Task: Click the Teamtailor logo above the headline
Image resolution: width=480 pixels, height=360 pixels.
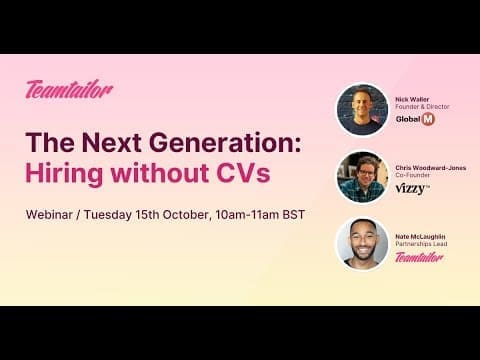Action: [69, 89]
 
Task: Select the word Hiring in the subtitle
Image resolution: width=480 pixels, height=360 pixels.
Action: [64, 174]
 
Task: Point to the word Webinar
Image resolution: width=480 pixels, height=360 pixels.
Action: [49, 214]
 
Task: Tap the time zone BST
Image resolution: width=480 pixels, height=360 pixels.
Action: [294, 214]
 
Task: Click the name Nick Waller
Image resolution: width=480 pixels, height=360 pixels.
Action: [412, 99]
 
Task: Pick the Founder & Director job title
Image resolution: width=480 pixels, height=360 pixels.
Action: [422, 107]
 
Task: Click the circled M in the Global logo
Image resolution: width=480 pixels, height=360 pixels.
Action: [428, 119]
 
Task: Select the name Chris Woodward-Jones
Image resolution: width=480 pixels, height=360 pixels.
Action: [431, 168]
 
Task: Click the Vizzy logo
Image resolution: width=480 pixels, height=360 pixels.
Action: [412, 189]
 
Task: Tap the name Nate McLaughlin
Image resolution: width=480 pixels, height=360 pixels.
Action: [420, 236]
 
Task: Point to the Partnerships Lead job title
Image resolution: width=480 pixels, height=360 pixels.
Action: [421, 244]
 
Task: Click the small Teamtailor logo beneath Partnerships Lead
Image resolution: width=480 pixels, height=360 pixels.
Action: [419, 257]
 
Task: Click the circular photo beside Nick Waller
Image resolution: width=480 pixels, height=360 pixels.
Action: [363, 110]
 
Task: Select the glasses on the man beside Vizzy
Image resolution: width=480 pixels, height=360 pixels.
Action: [367, 173]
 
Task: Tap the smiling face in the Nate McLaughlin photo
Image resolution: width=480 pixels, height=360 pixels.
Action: [363, 241]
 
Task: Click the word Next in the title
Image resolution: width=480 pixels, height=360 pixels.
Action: [112, 142]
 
